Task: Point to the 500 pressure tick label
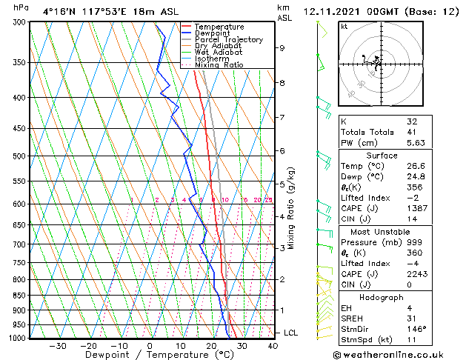(21, 156)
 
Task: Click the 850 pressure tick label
(21, 296)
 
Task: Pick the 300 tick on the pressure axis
(21, 23)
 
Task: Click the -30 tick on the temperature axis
(56, 345)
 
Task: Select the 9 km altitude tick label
(282, 48)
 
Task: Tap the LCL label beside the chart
(290, 333)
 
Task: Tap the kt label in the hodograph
(344, 26)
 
